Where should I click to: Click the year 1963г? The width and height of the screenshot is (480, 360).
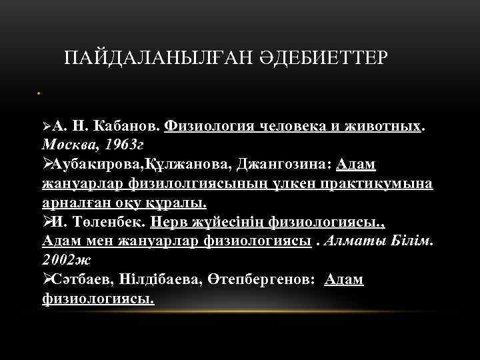[x=123, y=144]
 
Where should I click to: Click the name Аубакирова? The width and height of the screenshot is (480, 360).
[x=99, y=163]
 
